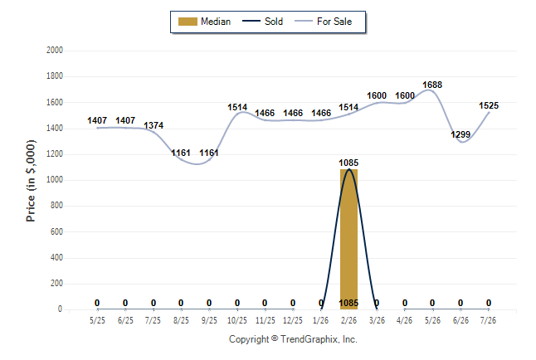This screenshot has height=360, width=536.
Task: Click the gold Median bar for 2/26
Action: [348, 239]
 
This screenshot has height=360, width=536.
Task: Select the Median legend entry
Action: [204, 22]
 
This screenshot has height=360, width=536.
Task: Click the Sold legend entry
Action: [262, 22]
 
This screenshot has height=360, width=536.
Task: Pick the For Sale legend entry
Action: [323, 22]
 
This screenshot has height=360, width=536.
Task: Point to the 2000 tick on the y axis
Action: [55, 51]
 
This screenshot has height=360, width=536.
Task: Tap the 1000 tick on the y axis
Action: [55, 180]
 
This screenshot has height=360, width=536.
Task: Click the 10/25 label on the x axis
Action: [237, 320]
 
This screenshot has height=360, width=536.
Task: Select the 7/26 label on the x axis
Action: [488, 320]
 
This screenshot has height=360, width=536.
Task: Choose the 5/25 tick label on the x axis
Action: [97, 320]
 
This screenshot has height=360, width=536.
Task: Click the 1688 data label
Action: [432, 85]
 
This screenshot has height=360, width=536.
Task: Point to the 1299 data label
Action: [460, 134]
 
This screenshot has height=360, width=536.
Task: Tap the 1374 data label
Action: [153, 125]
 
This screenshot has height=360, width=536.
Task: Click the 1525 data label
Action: [489, 105]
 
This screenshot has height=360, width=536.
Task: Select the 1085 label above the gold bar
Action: [348, 163]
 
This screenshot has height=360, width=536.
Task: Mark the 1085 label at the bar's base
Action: [348, 303]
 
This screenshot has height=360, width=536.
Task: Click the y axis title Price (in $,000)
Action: [31, 181]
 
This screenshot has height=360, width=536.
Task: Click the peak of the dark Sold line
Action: [348, 169]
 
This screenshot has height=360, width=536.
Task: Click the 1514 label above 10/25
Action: [237, 107]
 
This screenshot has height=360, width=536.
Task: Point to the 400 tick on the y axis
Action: [56, 257]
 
